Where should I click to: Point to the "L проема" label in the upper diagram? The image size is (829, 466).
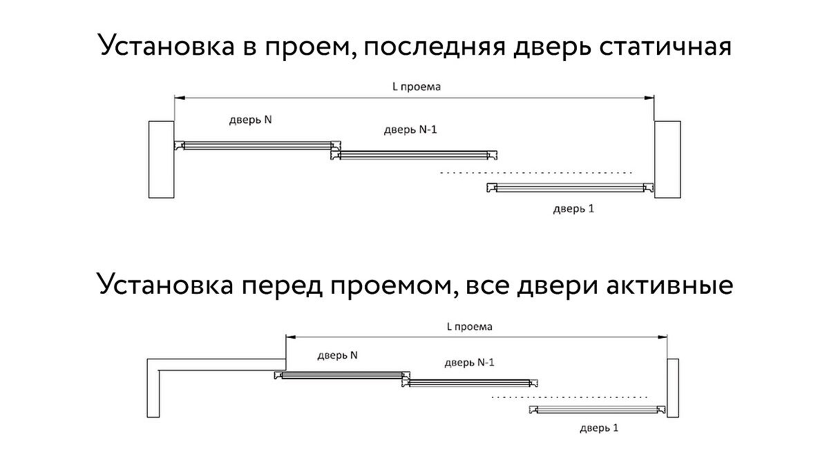click(x=417, y=87)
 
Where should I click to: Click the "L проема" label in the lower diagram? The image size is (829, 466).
click(x=469, y=327)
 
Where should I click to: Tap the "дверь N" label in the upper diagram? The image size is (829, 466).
click(x=250, y=120)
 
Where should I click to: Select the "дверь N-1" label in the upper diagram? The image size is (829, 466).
click(x=411, y=129)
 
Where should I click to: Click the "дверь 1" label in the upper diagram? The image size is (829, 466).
click(x=573, y=209)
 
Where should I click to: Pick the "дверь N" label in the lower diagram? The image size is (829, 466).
click(x=337, y=355)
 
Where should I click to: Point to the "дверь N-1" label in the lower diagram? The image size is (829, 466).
click(x=469, y=362)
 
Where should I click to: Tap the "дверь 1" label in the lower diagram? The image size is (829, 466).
click(x=599, y=428)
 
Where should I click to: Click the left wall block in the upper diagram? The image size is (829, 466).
click(x=161, y=160)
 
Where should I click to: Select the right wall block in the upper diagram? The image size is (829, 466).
click(x=668, y=160)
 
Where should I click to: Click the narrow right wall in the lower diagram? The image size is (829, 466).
click(x=673, y=388)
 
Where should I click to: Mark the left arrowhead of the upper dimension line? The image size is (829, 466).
click(x=180, y=98)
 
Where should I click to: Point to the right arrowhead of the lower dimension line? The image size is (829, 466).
click(x=662, y=337)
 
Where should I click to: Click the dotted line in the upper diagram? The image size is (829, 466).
click(x=536, y=173)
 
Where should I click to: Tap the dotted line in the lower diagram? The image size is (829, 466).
click(x=570, y=397)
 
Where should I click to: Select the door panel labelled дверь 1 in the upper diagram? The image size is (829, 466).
click(x=570, y=188)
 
